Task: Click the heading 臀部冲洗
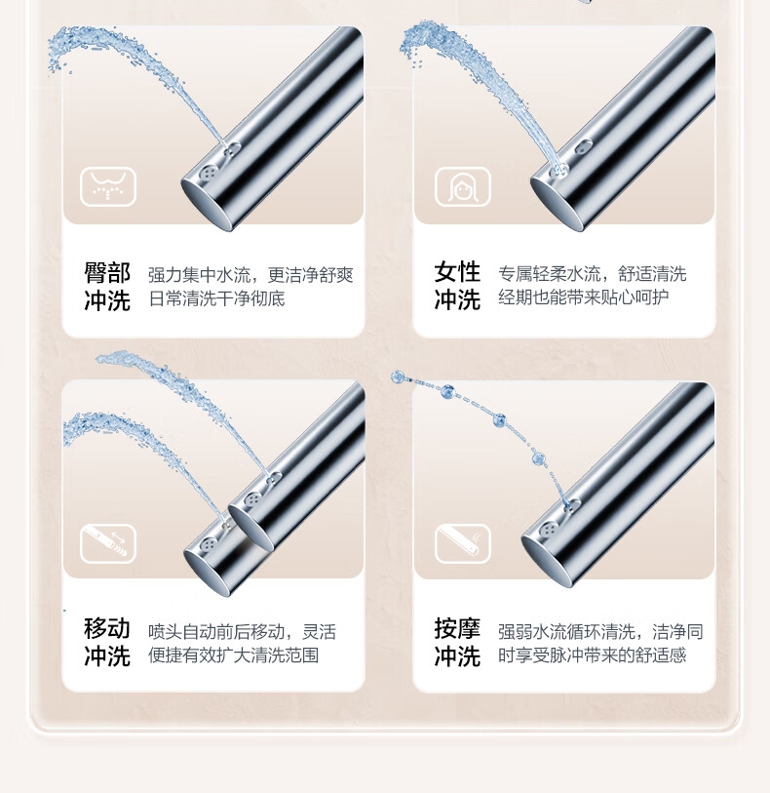click(107, 286)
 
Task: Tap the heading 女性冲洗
click(457, 286)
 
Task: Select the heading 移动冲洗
click(107, 642)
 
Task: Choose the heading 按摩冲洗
click(457, 642)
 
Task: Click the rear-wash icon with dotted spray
click(108, 186)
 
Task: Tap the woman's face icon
click(463, 186)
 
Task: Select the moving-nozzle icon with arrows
click(108, 543)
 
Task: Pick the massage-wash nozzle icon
click(463, 543)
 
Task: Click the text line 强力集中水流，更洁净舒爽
click(250, 275)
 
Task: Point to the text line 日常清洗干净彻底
click(216, 298)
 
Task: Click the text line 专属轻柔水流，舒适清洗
click(593, 274)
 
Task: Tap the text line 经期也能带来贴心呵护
click(584, 297)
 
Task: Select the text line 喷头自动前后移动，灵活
click(242, 632)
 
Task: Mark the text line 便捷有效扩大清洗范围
click(233, 655)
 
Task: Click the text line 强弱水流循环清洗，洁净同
click(600, 632)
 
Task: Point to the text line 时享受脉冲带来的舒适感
click(593, 655)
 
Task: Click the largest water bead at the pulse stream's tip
click(398, 377)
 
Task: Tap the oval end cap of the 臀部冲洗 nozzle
click(206, 208)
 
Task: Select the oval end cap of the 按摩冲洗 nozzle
click(547, 563)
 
